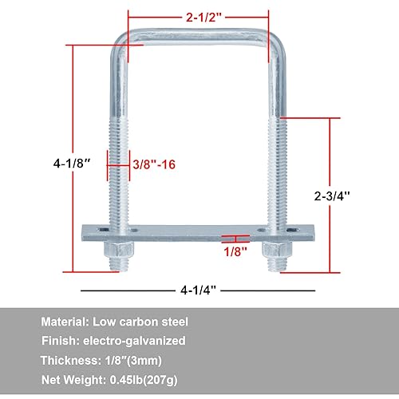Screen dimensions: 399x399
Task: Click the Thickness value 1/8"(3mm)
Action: [x=158, y=360]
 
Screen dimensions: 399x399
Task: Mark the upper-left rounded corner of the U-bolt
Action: [x=120, y=42]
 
